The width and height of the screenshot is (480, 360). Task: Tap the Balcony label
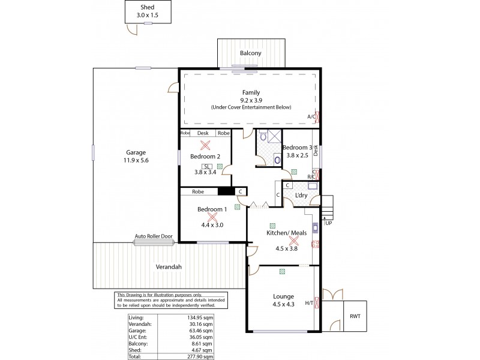(251, 53)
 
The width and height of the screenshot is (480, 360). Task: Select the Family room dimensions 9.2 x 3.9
(251, 100)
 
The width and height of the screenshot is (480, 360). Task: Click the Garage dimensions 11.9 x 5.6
(136, 160)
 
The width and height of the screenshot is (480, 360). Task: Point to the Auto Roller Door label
(154, 236)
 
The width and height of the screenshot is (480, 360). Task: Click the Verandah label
(169, 266)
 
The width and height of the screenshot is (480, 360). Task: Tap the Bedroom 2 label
(204, 156)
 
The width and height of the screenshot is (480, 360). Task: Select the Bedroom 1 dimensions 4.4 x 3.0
(212, 225)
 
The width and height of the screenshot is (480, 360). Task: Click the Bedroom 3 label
(298, 148)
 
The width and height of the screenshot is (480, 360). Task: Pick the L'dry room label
(301, 196)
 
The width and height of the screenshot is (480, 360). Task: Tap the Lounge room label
(283, 296)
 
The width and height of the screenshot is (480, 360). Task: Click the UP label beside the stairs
(328, 223)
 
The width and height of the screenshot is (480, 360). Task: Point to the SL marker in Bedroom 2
(207, 166)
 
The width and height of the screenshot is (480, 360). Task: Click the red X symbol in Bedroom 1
(212, 217)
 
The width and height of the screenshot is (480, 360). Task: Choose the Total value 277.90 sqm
(201, 356)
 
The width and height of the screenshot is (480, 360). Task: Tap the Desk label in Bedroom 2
(203, 133)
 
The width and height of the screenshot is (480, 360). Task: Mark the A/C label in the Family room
(311, 116)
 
